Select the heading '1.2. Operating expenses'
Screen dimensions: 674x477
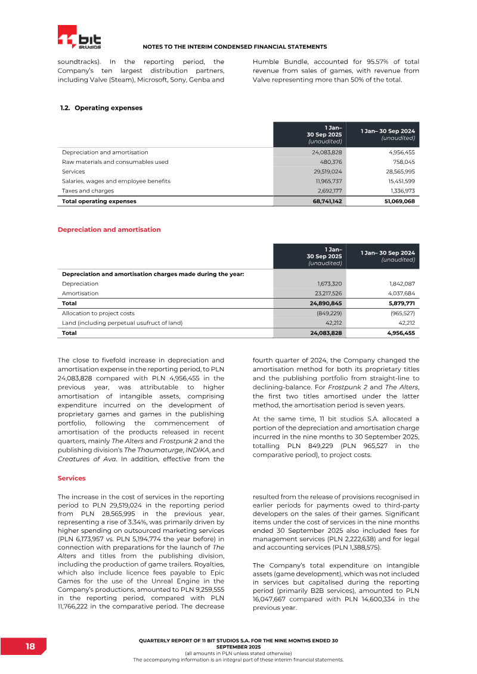(101, 108)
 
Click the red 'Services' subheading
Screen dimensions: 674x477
(72, 478)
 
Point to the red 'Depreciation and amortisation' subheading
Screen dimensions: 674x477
(109, 229)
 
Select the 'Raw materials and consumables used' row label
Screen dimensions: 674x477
(115, 161)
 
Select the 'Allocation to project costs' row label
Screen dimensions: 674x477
(98, 313)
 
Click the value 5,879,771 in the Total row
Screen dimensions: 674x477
(401, 303)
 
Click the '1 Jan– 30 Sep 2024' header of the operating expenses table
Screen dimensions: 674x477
(388, 134)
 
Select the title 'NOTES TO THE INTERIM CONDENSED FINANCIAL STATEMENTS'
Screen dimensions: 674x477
(235, 46)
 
